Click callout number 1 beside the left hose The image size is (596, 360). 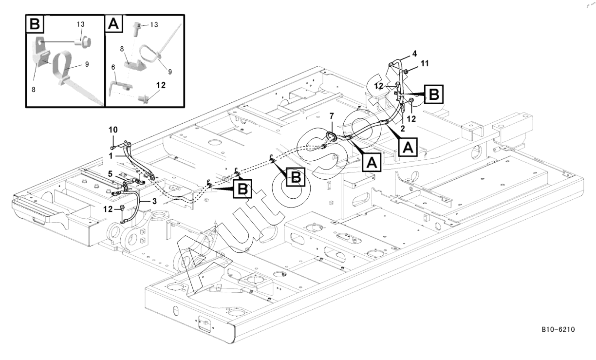tap(111, 155)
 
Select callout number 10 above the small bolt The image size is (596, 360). tap(113, 131)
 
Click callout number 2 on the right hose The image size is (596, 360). tap(403, 129)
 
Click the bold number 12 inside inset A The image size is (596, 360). tap(161, 85)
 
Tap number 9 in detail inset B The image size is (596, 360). tap(87, 64)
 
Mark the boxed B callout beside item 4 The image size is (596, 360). tap(434, 95)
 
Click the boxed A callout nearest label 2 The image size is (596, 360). tap(407, 146)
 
